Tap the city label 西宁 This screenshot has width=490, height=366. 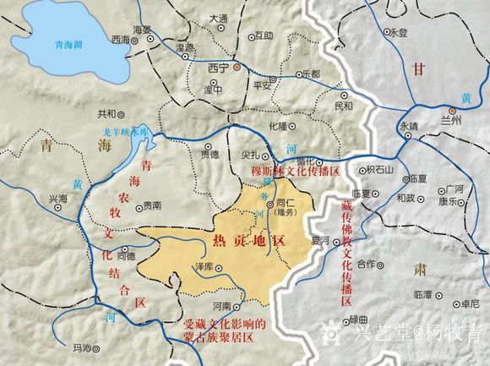(x=219, y=66)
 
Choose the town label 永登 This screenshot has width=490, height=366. (x=396, y=32)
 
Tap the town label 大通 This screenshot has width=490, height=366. (x=218, y=18)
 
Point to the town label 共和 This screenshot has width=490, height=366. (x=106, y=113)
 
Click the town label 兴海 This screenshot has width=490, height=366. (x=57, y=198)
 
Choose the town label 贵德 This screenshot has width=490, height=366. (x=210, y=154)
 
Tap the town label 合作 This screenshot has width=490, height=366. (x=367, y=265)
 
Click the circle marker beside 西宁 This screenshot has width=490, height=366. (x=237, y=66)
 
